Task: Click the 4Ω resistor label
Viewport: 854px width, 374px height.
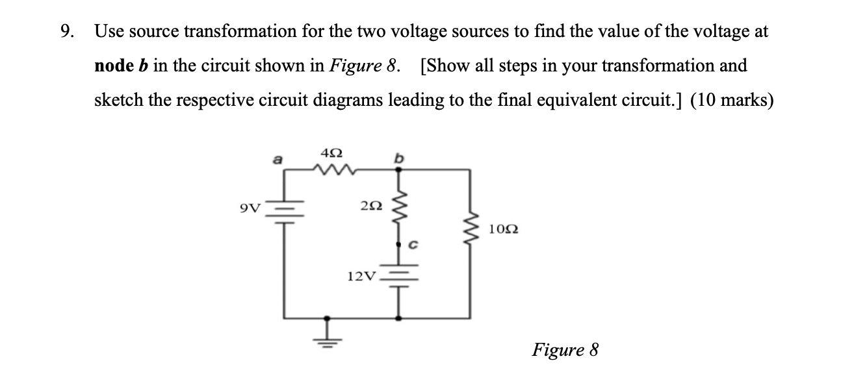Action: [331, 155]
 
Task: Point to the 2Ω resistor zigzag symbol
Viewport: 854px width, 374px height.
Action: [398, 208]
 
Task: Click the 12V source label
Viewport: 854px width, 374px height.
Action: [360, 277]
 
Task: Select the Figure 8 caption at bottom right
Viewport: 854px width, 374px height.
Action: [565, 350]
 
